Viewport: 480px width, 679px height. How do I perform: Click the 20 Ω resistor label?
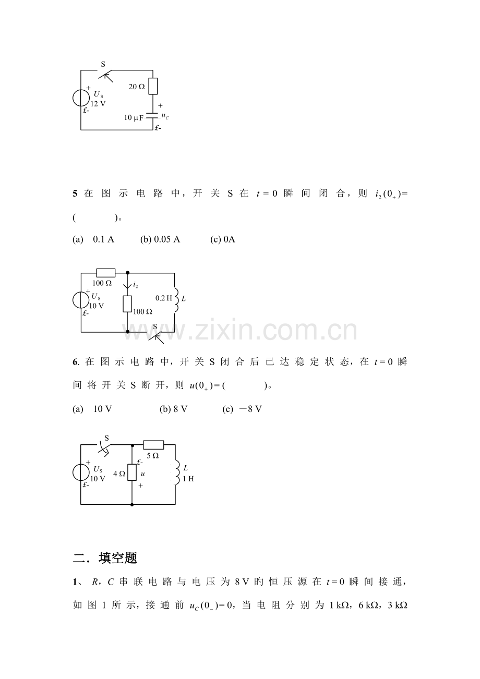coord(137,87)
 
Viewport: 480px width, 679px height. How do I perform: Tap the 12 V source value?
coord(98,104)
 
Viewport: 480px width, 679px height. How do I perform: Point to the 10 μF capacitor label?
coord(134,118)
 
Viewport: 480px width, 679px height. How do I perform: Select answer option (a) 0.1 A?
coord(93,239)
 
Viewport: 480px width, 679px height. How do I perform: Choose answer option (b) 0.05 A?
coord(160,239)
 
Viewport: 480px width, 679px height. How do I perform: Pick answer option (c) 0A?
coord(223,239)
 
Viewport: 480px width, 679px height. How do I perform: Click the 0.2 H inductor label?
coord(164,298)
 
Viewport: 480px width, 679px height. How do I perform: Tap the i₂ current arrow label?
coord(136,285)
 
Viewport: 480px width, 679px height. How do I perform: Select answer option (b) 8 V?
coord(174,409)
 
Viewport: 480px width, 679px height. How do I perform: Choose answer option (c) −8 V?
coord(242,409)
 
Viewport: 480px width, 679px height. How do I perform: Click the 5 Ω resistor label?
coord(153,456)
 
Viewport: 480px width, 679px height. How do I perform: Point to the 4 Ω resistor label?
coord(119,474)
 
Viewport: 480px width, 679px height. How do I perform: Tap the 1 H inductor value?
coord(188,479)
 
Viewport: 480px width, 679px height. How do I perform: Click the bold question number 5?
coord(75,193)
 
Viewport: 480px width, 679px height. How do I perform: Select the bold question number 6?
coord(75,362)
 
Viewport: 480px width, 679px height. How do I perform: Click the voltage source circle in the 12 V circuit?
coord(81,98)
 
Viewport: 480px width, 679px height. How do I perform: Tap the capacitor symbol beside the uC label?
coord(152,115)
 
